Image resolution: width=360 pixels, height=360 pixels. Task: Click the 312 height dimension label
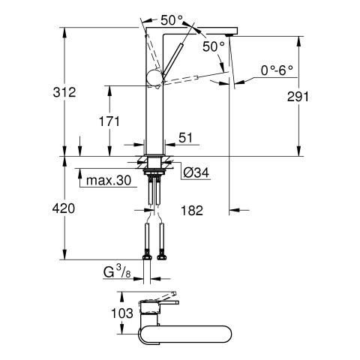(64, 92)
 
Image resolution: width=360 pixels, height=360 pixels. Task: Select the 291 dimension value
(298, 97)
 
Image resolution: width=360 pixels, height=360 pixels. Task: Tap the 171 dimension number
(109, 121)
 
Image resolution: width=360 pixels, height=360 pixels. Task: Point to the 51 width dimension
(186, 137)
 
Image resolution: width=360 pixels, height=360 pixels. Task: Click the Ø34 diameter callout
(196, 172)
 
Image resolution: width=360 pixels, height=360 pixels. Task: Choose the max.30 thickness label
(109, 180)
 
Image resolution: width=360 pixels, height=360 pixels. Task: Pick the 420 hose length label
(64, 208)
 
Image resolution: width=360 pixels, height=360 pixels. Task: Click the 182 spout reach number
(192, 211)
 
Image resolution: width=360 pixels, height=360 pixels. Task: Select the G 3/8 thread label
(117, 272)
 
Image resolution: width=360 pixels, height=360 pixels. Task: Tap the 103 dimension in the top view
(122, 313)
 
